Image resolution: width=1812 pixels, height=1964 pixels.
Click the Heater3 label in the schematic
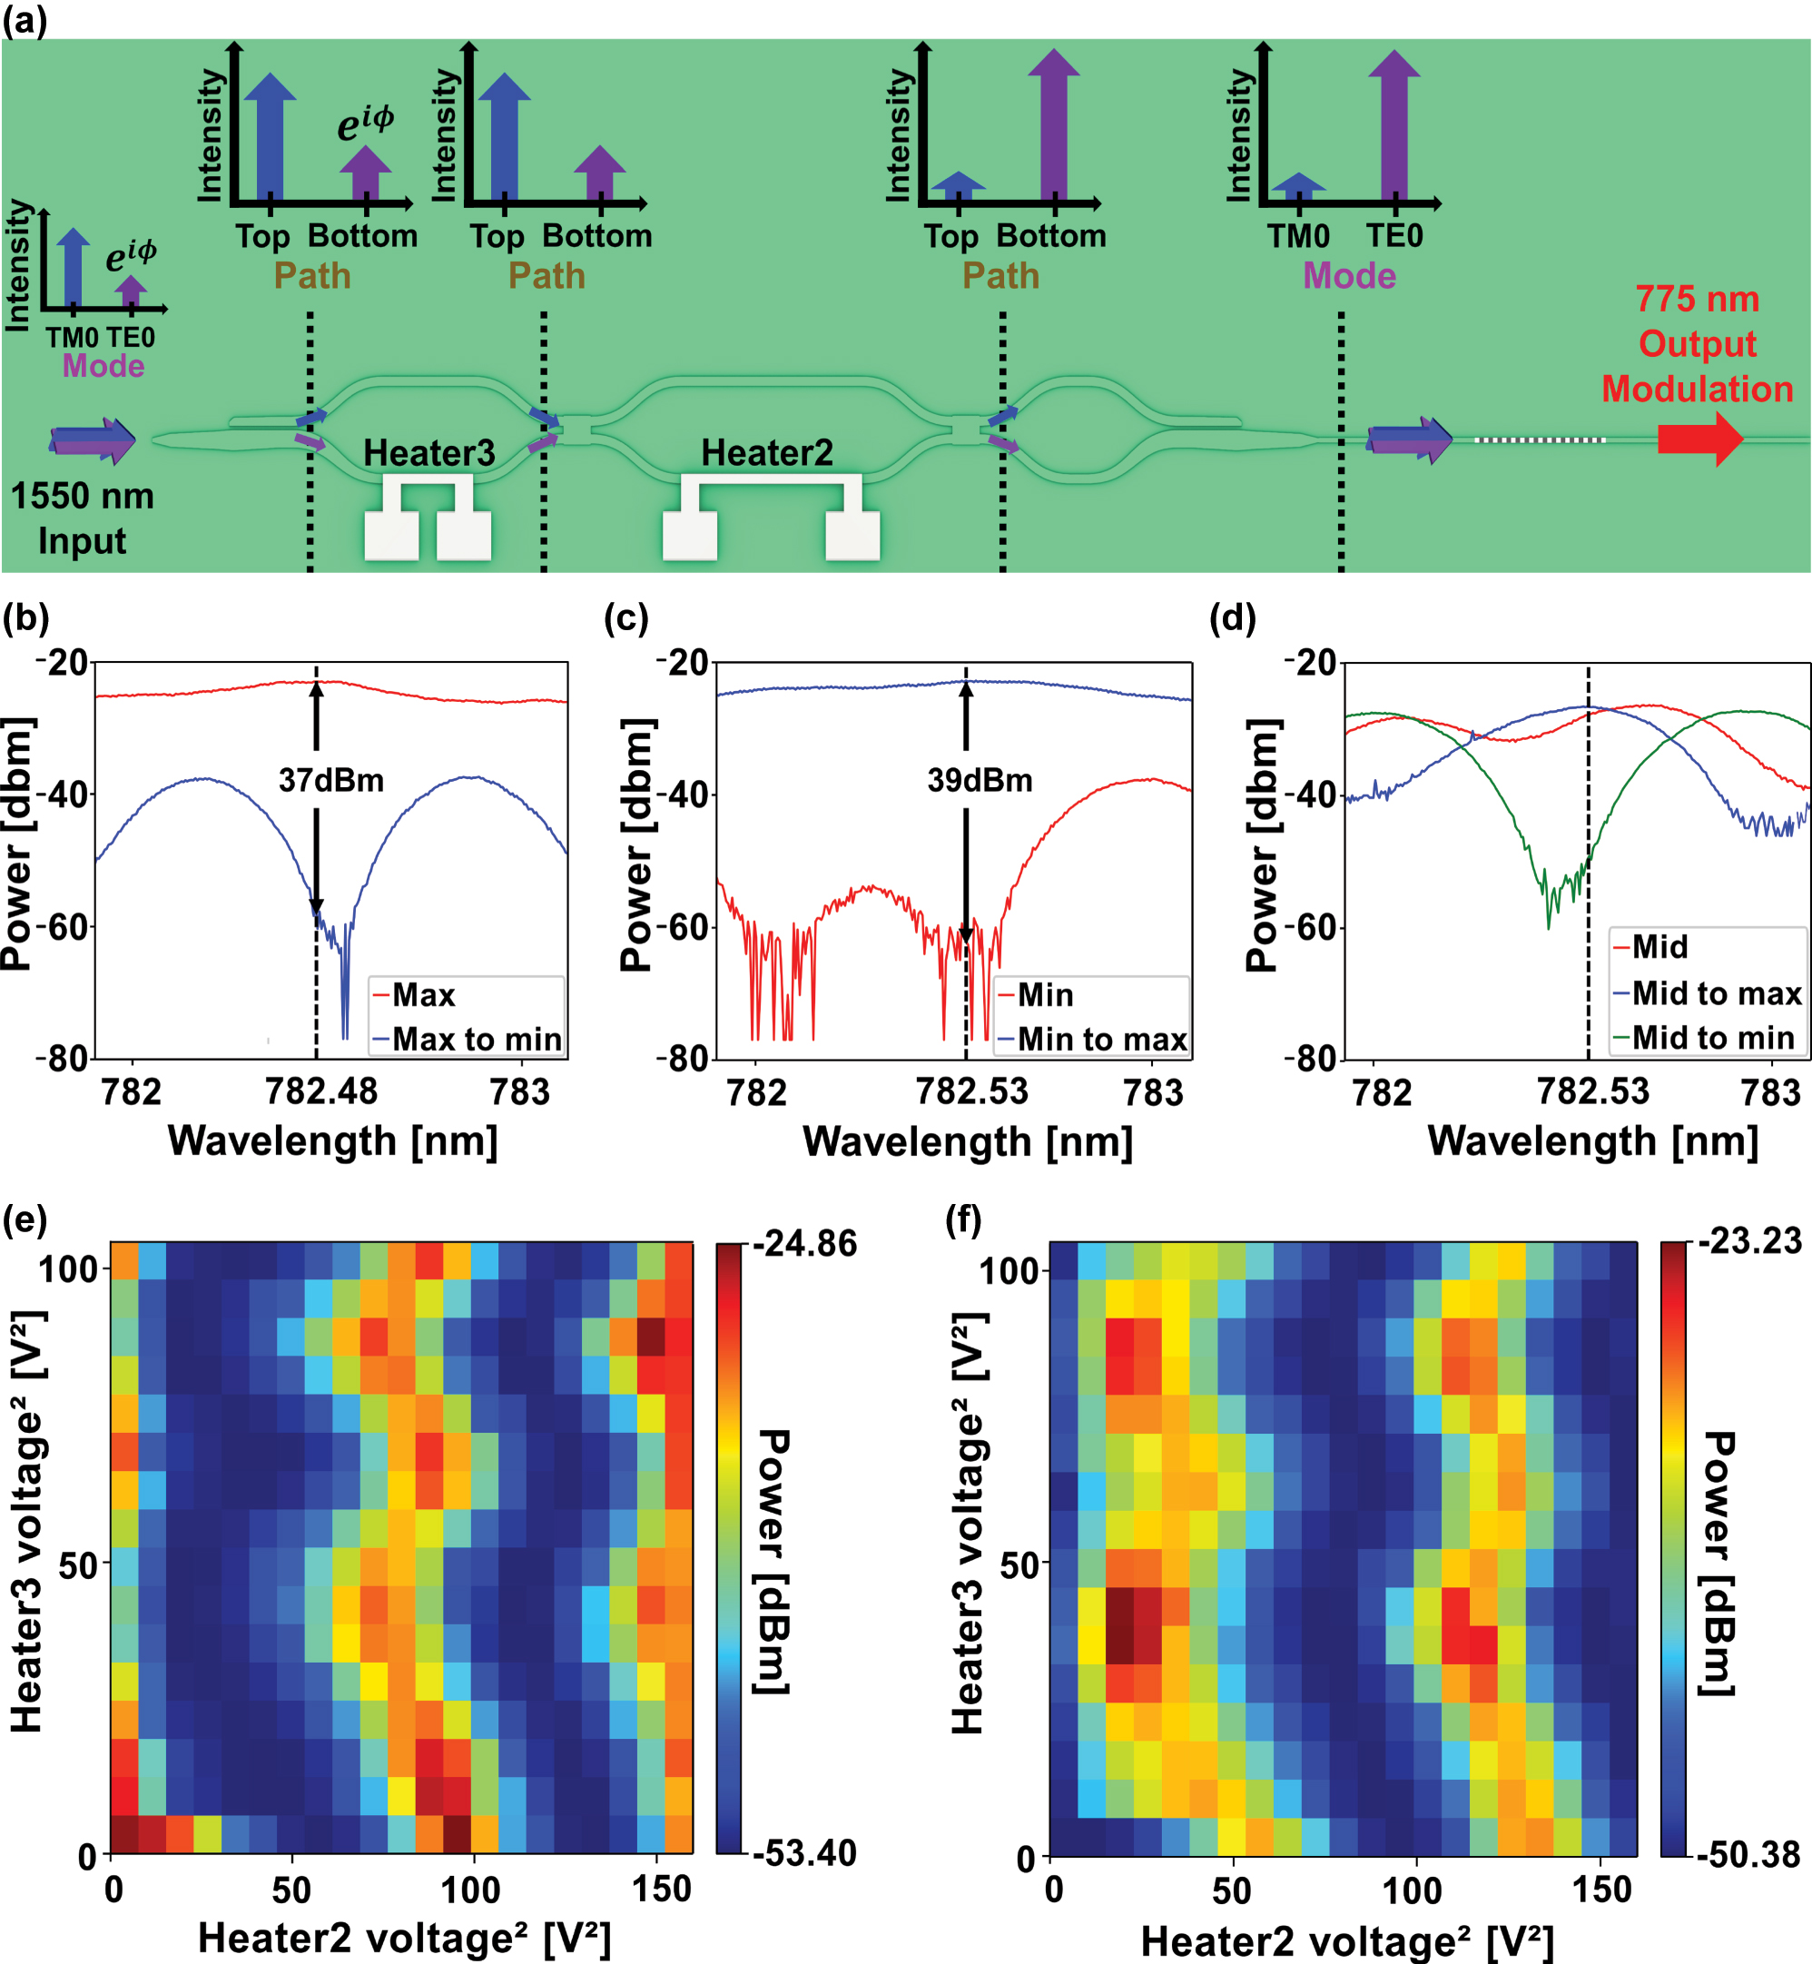pyautogui.click(x=428, y=453)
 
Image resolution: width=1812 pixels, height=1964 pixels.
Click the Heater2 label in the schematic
pyautogui.click(x=767, y=453)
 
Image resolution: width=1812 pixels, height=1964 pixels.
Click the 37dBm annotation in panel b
pyautogui.click(x=331, y=781)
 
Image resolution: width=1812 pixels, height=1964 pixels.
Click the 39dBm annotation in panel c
pyautogui.click(x=980, y=781)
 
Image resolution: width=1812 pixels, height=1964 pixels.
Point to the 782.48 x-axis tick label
pyautogui.click(x=320, y=1091)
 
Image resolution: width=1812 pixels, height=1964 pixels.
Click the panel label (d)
pyautogui.click(x=1233, y=617)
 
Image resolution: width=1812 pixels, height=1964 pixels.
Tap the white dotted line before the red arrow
pyautogui.click(x=1540, y=440)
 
